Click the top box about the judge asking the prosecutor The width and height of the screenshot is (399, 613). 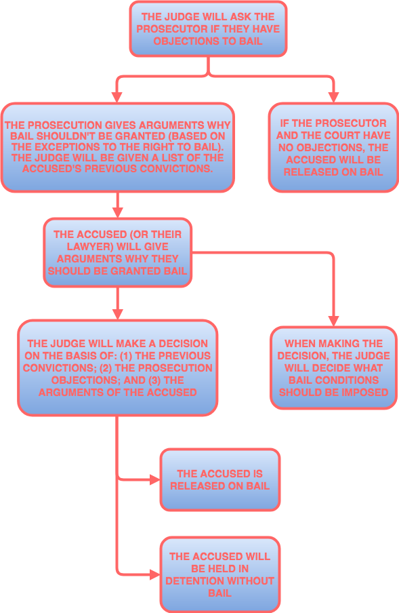[x=208, y=28]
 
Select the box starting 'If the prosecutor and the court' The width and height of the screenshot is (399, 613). [x=333, y=147]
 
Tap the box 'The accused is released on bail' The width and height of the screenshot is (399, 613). [x=219, y=479]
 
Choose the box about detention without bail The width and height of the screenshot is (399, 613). [x=219, y=574]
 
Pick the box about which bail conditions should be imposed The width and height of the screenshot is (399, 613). [x=333, y=368]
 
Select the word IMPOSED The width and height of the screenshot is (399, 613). [x=363, y=392]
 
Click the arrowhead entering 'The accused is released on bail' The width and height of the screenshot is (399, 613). [x=155, y=479]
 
